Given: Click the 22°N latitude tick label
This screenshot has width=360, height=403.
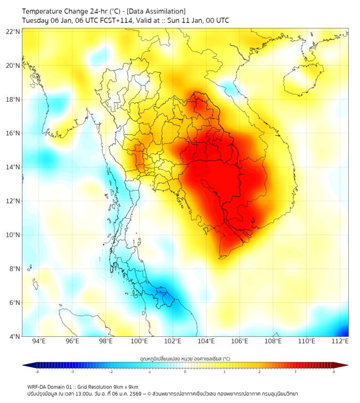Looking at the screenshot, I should coord(13,31).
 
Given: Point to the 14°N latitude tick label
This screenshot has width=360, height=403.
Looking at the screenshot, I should coord(13,167).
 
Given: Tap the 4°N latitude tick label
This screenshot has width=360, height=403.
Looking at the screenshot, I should coord(14,336).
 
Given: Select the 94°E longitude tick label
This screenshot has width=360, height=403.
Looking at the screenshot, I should coord(38,341).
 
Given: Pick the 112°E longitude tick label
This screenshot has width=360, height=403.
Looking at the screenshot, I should coord(340,341).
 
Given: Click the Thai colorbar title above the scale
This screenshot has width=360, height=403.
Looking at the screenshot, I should coord(185,359).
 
